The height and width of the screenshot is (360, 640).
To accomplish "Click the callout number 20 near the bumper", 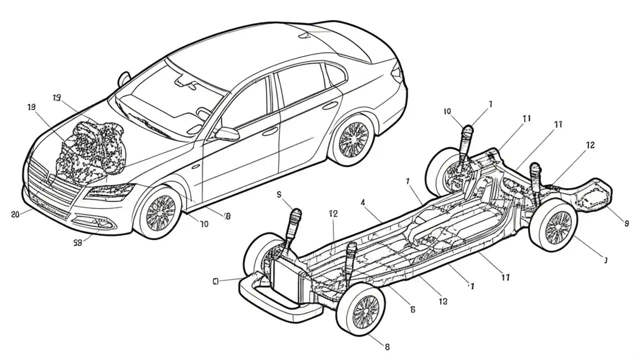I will [15, 214].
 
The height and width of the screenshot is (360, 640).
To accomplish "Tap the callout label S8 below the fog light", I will [77, 242].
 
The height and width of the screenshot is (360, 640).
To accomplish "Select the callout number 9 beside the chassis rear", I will [626, 224].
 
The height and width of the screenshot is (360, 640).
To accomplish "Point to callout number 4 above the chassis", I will [362, 202].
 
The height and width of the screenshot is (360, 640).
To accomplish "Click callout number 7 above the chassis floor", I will [408, 180].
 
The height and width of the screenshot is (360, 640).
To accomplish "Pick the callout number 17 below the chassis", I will [505, 276].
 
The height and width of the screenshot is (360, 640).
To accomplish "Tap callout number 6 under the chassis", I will [412, 309].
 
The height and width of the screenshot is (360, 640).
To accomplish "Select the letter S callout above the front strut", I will [279, 195].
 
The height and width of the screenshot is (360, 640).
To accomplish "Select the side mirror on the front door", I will [227, 133].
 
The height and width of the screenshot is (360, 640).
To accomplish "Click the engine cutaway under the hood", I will [90, 150].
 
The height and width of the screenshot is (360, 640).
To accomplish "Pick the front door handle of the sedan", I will [270, 131].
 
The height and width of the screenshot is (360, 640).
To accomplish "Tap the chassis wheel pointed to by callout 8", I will [360, 311].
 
